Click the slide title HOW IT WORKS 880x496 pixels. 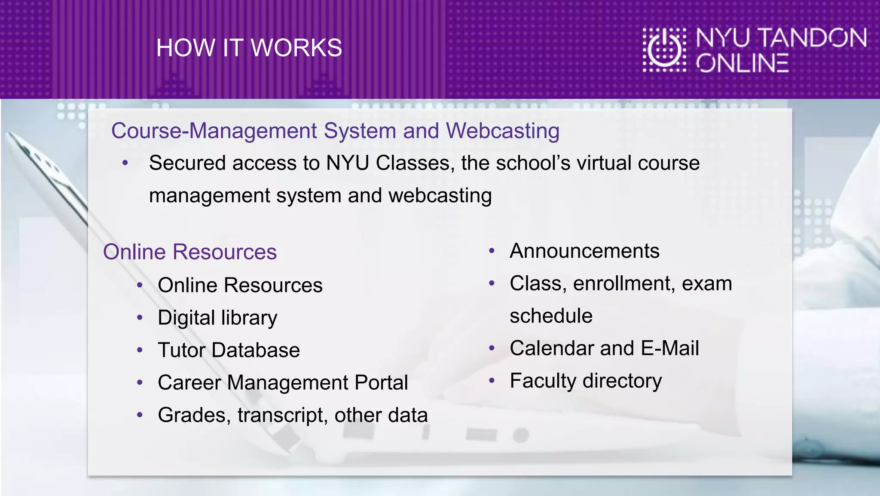(249, 48)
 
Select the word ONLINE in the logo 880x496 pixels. (742, 63)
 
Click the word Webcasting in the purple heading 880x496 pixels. (502, 131)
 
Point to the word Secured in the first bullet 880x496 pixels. (187, 163)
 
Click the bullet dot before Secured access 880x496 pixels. (125, 163)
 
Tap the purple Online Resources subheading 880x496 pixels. (189, 252)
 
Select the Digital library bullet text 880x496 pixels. (217, 318)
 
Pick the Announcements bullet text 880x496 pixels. (584, 251)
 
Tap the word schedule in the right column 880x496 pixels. (551, 316)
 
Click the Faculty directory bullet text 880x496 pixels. (586, 381)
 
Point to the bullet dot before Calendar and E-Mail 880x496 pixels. (492, 348)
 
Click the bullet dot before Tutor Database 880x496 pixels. (140, 350)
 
